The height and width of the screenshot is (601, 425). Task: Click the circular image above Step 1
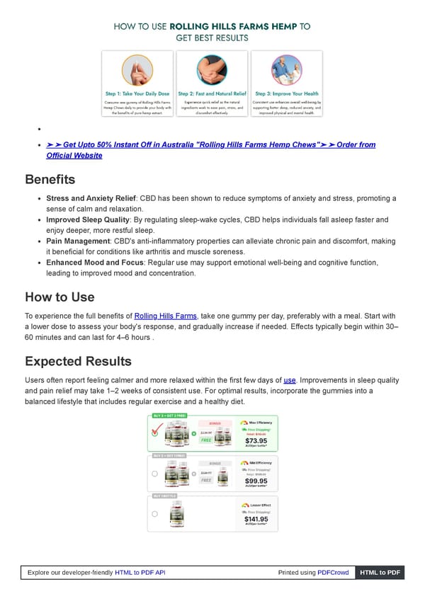137,70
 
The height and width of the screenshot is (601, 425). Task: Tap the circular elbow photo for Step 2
212,70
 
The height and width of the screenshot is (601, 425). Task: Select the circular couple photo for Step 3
286,70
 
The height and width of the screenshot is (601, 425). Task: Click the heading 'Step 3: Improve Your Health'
286,93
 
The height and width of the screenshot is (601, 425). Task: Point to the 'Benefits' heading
50,179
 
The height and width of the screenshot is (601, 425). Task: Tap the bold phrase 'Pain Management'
78,241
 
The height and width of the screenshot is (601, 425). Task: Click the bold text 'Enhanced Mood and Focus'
93,263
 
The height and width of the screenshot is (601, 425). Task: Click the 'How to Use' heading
59,297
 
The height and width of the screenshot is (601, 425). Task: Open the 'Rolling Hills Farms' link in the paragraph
165,316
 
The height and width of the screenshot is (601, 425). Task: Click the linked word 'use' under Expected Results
289,379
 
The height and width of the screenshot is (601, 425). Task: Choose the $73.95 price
255,440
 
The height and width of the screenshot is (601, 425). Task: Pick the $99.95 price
255,480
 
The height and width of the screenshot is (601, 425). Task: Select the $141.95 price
255,518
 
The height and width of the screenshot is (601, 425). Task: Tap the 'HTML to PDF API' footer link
140,572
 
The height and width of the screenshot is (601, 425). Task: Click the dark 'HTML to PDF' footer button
380,572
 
